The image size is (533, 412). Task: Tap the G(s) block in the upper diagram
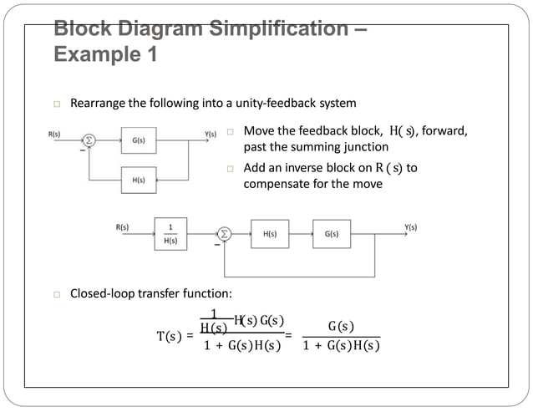(139, 140)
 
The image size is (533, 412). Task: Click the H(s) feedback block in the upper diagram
(139, 180)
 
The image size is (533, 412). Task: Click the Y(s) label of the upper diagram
(211, 134)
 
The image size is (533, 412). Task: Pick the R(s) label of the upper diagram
(54, 134)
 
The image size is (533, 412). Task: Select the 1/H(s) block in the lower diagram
(170, 233)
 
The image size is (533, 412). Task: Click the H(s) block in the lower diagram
(270, 234)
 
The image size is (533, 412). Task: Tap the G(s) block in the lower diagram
(332, 234)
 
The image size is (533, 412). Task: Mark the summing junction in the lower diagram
(224, 234)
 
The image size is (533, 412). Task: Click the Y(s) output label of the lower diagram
(410, 226)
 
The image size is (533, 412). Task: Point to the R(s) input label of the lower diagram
(122, 226)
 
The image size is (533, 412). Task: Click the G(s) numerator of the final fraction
(341, 326)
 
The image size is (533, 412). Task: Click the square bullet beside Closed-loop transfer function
(56, 294)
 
